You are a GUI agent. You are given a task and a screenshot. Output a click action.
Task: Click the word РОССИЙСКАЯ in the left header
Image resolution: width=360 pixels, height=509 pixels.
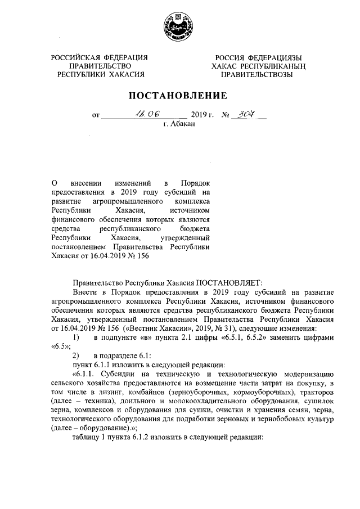(x=75, y=57)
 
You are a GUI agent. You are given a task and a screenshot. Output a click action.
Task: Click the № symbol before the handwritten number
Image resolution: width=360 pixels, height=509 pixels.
(x=227, y=115)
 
